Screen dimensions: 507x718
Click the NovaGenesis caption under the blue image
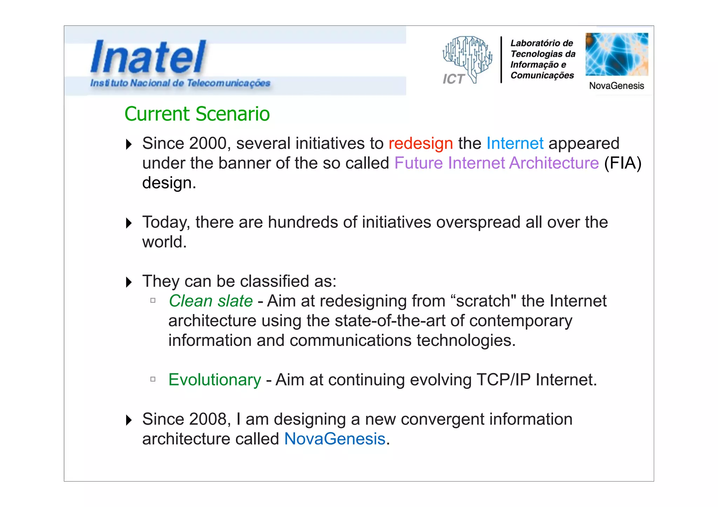(616, 86)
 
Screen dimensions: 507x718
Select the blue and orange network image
(616, 54)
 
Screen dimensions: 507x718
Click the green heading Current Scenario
(197, 114)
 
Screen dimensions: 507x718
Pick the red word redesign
(420, 143)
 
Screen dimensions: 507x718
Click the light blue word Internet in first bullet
(515, 143)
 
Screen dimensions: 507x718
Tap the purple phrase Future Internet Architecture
(496, 163)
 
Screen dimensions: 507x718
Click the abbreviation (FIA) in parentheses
(623, 163)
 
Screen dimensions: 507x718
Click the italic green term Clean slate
(211, 301)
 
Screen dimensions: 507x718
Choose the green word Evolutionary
(215, 380)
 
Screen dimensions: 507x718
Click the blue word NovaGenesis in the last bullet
(334, 439)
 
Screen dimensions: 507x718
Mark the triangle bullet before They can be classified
(129, 282)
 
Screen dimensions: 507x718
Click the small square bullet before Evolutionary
(153, 379)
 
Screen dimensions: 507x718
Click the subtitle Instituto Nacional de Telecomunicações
(180, 83)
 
